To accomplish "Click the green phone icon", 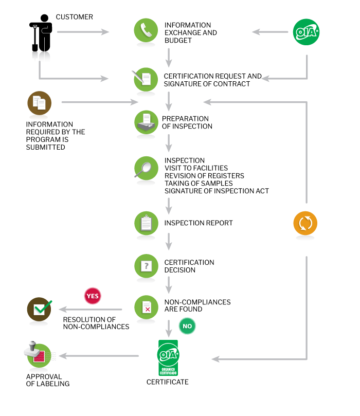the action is click(x=146, y=30).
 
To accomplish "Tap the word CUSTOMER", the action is click(x=74, y=17).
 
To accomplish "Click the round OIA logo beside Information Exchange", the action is click(x=306, y=32).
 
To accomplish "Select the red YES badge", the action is click(x=93, y=296).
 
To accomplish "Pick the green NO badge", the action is click(x=187, y=326).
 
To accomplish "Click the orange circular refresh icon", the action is click(x=305, y=223).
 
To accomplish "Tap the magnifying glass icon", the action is click(x=146, y=168).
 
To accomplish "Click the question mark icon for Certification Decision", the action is click(x=146, y=266).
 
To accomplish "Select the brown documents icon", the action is click(x=39, y=103).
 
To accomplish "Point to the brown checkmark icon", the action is click(x=40, y=309).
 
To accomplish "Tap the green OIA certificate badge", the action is click(x=168, y=357).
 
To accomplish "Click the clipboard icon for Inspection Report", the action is click(x=146, y=223).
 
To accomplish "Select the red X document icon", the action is click(x=146, y=307).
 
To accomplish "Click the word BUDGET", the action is click(x=178, y=41).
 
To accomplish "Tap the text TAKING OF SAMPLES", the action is click(x=199, y=184).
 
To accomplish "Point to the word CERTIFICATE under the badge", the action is click(x=167, y=382).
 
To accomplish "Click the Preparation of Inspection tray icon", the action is click(x=146, y=122).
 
